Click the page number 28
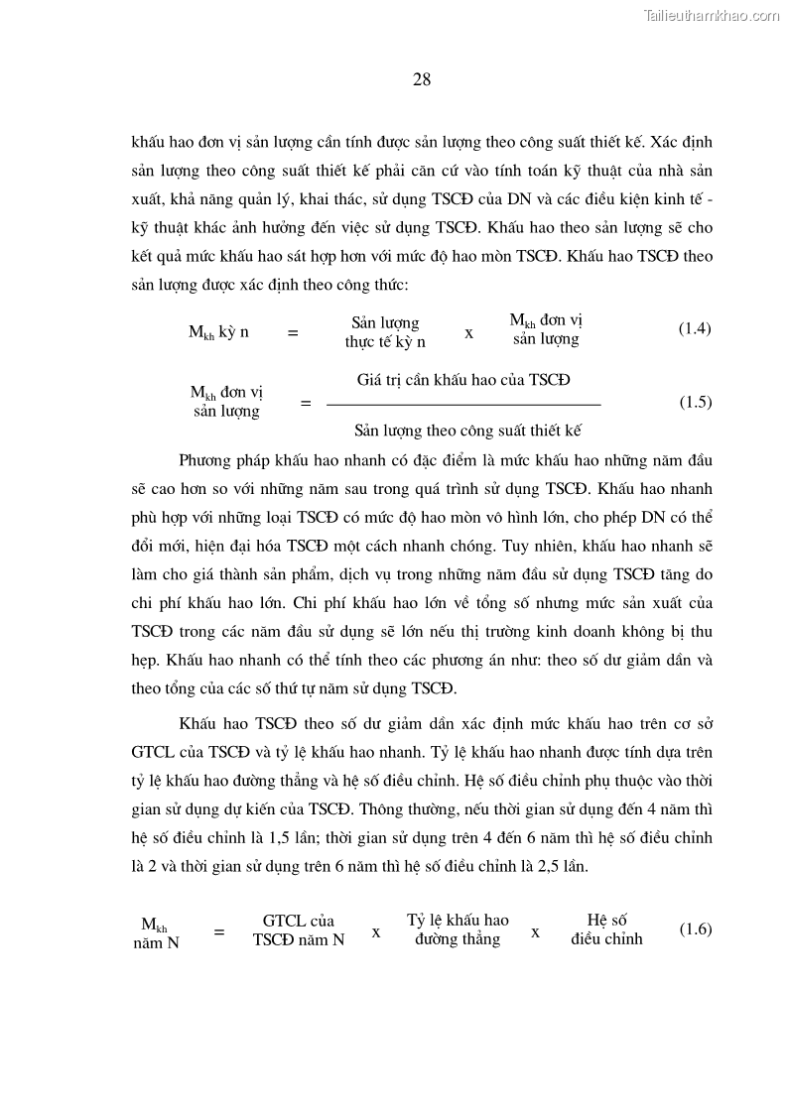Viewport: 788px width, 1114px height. [x=421, y=81]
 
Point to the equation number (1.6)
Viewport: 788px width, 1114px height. [x=695, y=929]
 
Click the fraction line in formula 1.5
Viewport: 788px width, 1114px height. [x=463, y=405]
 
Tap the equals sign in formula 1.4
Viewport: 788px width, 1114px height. [x=292, y=334]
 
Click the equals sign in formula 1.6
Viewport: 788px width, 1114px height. [x=219, y=932]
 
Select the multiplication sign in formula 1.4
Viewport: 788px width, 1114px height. [x=468, y=333]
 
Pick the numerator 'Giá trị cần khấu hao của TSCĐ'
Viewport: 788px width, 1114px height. [x=463, y=380]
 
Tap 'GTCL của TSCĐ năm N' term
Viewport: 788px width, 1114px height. [x=299, y=930]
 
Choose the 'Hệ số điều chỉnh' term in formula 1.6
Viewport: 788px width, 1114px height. [x=606, y=929]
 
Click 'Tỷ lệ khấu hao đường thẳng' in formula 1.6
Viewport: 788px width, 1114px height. [x=458, y=929]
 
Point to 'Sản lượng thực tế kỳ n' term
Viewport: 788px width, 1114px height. [x=385, y=332]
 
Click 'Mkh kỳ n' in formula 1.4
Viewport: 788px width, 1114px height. [x=218, y=332]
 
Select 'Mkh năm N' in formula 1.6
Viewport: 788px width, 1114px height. [x=156, y=934]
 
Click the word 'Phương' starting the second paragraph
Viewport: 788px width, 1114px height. [x=206, y=461]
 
